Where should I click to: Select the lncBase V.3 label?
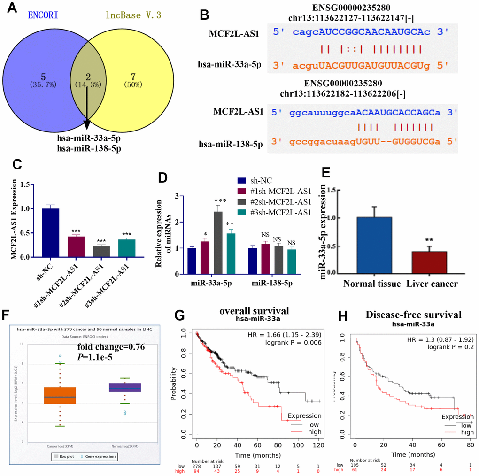(x=134, y=15)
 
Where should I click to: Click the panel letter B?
(x=205, y=15)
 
